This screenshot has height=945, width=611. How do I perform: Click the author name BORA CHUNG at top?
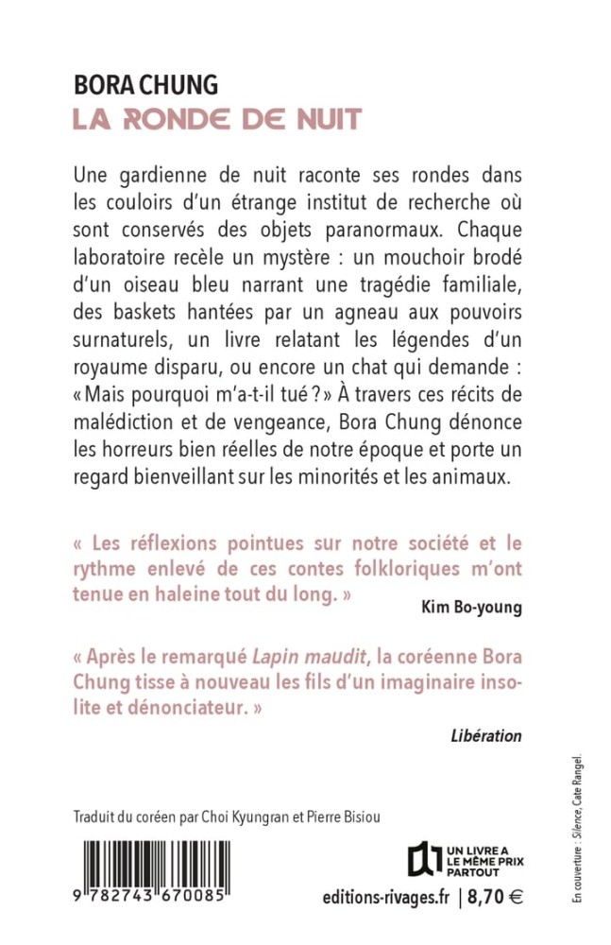(146, 88)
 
